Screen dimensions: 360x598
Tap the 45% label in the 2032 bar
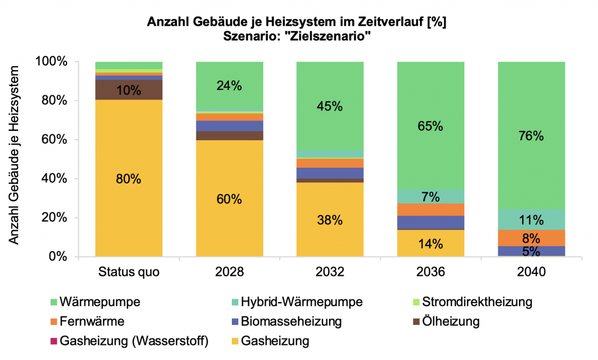pos(330,106)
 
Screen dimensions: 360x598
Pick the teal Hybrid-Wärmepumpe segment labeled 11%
pos(531,220)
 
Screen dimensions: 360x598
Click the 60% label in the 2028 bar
pos(229,199)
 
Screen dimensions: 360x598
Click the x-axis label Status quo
pos(128,273)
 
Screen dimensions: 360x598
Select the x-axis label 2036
pos(430,273)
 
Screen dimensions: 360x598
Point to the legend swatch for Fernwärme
pos(54,321)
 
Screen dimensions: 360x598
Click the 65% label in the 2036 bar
pos(430,126)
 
